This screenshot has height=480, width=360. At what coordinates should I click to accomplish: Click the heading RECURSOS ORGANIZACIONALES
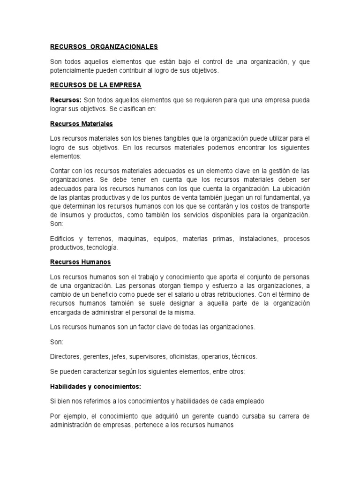[104, 47]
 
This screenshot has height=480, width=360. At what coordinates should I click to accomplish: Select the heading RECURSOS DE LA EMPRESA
[96, 86]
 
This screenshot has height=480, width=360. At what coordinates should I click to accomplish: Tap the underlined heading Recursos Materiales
[82, 124]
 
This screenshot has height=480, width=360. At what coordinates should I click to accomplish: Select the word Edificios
[62, 239]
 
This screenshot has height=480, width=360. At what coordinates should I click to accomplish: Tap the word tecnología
[102, 247]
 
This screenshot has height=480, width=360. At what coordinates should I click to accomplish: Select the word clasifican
[121, 109]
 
